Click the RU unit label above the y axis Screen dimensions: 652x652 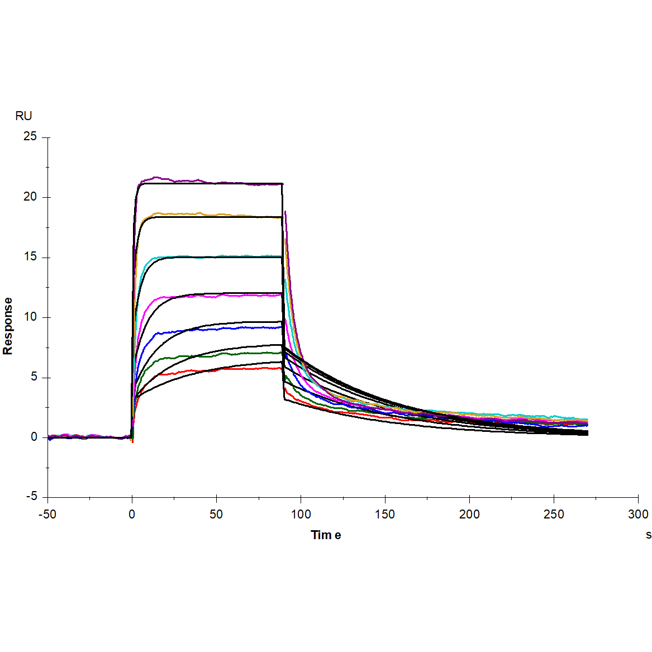tap(23, 116)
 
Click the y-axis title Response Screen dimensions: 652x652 tap(8, 326)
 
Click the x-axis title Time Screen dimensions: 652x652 tap(326, 535)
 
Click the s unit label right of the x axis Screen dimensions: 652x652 tap(648, 535)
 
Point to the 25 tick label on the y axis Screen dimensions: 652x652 tap(30, 137)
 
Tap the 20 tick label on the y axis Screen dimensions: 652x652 tap(30, 197)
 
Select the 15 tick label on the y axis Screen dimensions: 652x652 tap(30, 257)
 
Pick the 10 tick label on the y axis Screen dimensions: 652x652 tap(30, 317)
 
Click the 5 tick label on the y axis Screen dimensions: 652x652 tap(34, 377)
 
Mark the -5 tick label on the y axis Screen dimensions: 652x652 tap(31, 497)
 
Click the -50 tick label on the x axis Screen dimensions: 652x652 tap(47, 515)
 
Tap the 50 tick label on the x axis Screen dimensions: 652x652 tap(216, 515)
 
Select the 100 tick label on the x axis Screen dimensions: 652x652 tap(301, 515)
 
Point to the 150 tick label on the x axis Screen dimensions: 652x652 tap(385, 515)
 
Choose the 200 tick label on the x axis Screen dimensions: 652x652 tap(469, 515)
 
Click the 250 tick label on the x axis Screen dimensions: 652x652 tap(554, 515)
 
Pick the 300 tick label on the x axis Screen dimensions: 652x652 tap(638, 515)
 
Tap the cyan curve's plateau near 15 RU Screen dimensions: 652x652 tap(223, 256)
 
